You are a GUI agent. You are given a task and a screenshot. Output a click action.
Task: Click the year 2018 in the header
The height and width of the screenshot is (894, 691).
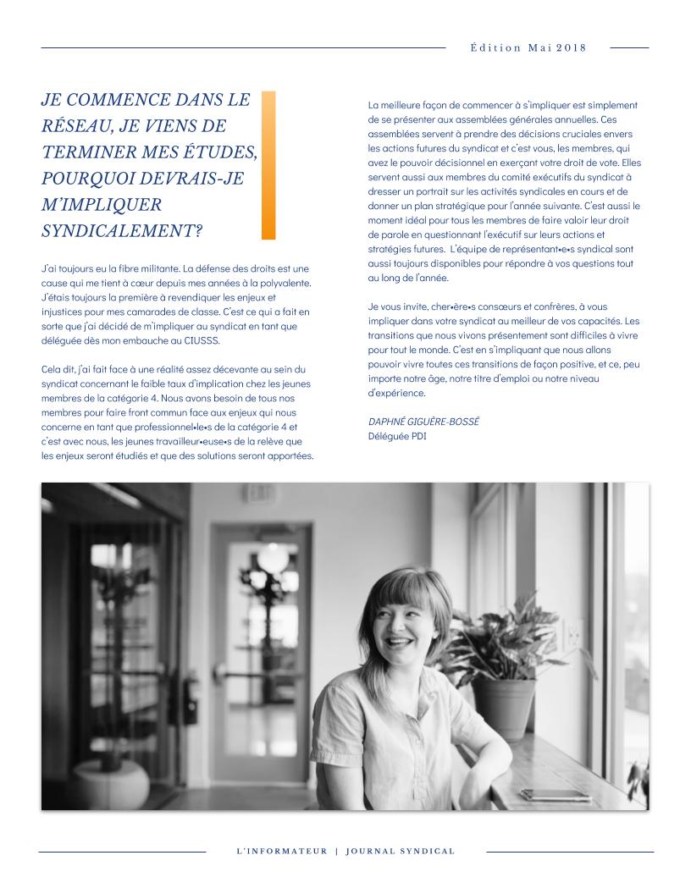[572, 47]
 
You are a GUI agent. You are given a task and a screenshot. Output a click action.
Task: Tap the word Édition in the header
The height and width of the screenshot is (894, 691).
[495, 47]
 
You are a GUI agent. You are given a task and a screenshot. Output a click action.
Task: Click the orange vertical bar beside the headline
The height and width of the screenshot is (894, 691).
[268, 165]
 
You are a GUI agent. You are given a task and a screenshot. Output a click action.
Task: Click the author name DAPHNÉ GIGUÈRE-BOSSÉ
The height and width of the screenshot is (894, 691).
[423, 421]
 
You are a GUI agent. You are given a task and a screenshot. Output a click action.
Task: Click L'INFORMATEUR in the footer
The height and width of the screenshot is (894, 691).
[281, 851]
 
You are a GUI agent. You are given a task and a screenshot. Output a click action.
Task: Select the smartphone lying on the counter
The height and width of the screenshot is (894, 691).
[555, 795]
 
